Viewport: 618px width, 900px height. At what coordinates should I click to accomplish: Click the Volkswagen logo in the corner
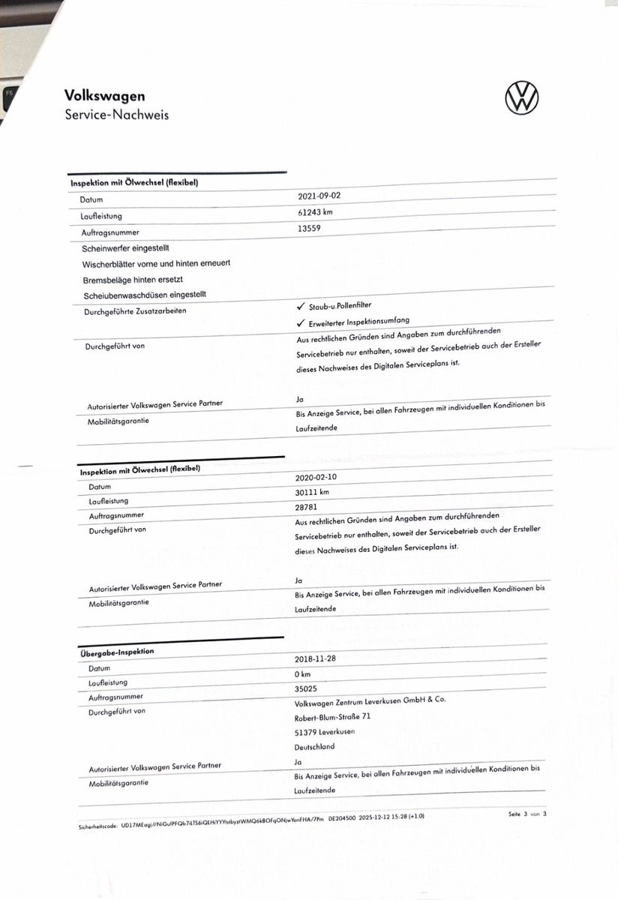tap(522, 98)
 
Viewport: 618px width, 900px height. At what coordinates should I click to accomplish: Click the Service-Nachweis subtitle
tap(116, 115)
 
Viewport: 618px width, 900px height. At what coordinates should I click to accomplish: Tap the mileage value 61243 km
tap(315, 212)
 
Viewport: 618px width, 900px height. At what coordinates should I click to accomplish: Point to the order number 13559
tap(309, 228)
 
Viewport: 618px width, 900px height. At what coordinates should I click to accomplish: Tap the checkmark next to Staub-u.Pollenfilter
tap(300, 306)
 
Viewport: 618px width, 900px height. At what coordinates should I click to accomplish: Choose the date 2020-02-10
tap(317, 476)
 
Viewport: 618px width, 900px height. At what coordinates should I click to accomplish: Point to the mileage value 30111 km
tap(313, 492)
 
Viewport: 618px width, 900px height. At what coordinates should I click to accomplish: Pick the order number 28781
tap(308, 507)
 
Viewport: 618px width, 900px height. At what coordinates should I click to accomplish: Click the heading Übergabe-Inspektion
tap(117, 652)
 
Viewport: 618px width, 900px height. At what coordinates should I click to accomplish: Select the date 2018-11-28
tap(316, 658)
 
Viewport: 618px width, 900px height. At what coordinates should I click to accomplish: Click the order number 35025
tap(307, 688)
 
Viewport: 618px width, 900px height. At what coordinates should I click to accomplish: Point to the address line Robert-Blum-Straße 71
tap(332, 716)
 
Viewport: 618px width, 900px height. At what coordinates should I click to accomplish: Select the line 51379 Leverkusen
tap(325, 731)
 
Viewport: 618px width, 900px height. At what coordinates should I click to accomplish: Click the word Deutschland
tap(314, 746)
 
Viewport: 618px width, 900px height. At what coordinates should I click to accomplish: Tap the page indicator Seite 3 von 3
tap(527, 813)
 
